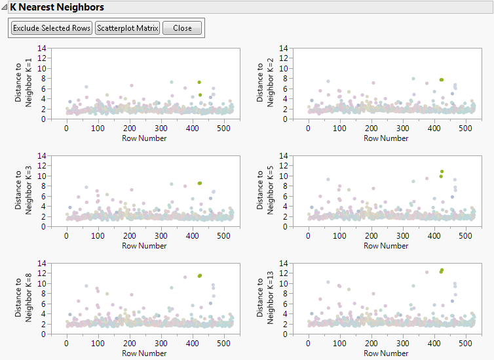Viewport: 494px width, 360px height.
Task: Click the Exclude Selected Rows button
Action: click(x=52, y=28)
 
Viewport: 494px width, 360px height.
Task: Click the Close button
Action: click(x=182, y=28)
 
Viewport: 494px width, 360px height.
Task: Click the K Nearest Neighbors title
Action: click(x=56, y=7)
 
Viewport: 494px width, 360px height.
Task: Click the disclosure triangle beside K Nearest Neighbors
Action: click(x=5, y=7)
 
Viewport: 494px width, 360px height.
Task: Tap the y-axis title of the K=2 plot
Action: click(x=265, y=83)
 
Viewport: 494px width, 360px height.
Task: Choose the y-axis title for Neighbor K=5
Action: click(x=265, y=191)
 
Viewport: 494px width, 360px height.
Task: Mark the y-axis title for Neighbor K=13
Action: click(x=265, y=298)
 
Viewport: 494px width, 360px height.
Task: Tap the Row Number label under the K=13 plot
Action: click(x=386, y=353)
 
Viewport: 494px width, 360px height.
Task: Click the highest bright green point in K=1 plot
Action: click(x=199, y=83)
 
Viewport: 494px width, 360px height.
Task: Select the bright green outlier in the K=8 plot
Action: click(x=199, y=276)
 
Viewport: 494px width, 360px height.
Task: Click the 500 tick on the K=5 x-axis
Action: click(x=465, y=237)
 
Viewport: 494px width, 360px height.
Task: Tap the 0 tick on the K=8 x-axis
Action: click(x=67, y=344)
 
